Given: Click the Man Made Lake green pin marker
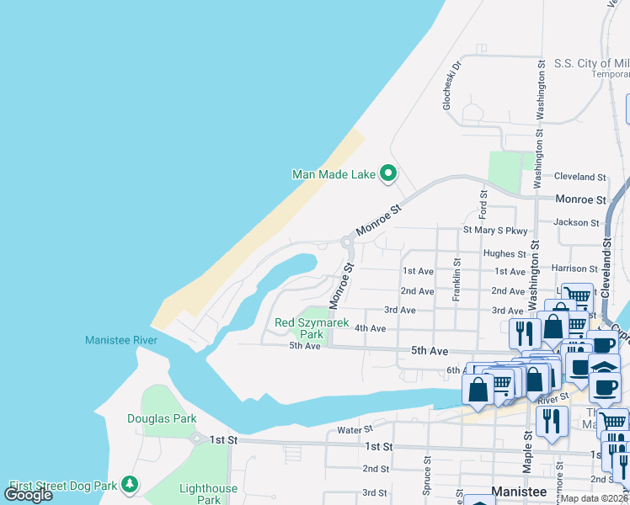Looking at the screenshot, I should click(388, 173).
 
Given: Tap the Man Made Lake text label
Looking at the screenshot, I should click(334, 175).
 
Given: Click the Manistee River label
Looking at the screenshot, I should click(121, 340).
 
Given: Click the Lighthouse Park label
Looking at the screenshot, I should click(208, 494).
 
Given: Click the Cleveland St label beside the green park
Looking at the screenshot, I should click(580, 178).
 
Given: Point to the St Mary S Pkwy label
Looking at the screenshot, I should click(495, 231).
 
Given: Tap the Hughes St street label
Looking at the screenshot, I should click(505, 253).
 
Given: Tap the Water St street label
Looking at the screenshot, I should click(355, 429).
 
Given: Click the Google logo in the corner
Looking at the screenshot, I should click(28, 494).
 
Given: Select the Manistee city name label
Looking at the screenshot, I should click(518, 492).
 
